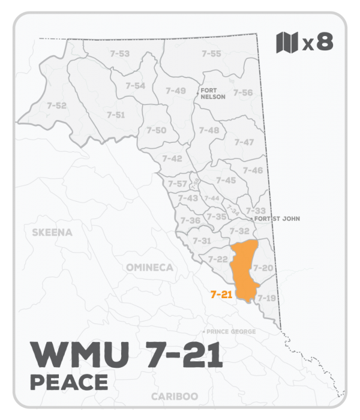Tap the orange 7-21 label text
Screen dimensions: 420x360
221,295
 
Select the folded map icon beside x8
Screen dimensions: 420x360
286,42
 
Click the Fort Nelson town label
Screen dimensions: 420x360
213,92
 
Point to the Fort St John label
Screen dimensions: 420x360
277,219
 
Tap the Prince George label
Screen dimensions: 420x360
231,332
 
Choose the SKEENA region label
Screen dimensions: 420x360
52,232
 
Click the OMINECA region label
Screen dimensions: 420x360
149,267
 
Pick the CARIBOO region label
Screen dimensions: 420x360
175,397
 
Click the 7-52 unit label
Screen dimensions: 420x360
56,106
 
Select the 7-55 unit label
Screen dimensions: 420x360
211,54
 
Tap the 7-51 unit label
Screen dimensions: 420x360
116,115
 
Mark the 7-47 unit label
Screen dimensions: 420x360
244,142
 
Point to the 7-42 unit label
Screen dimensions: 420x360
172,158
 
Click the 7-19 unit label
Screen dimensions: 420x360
266,298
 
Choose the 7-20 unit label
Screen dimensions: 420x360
263,267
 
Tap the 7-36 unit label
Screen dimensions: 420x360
190,220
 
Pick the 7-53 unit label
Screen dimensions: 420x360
120,54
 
